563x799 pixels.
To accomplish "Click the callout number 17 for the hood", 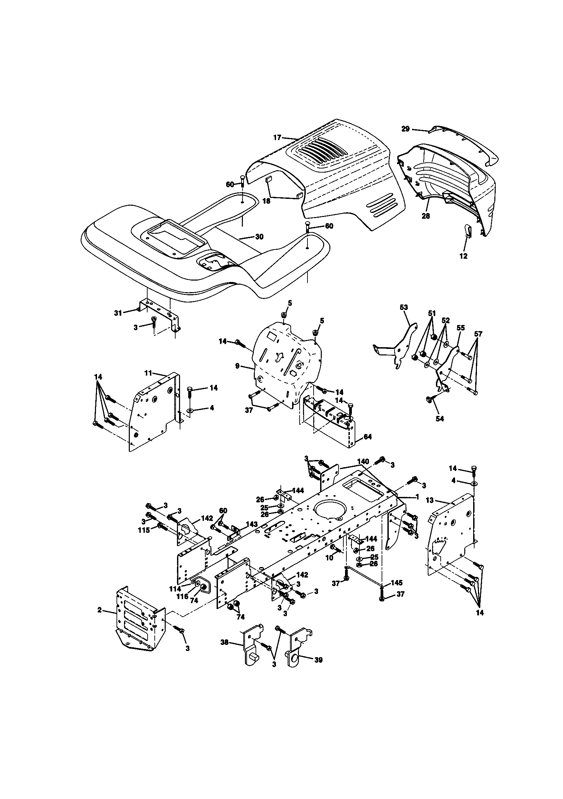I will (277, 138).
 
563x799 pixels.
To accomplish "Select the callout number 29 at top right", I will (406, 129).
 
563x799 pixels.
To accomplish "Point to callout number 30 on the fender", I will (259, 236).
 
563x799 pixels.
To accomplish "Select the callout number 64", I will (367, 436).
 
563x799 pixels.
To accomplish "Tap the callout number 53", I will (404, 307).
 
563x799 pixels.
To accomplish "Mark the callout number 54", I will (440, 419).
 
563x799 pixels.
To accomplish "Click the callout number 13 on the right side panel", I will (430, 500).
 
